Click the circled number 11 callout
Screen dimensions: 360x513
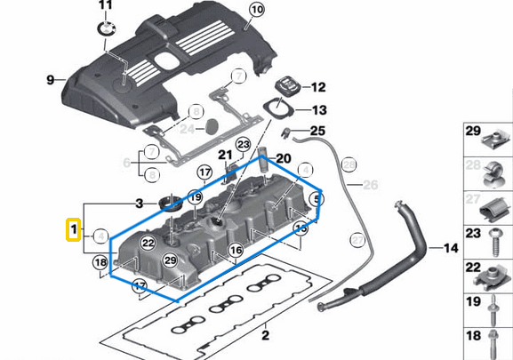coord(106,7)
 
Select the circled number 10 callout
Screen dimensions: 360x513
coord(256,12)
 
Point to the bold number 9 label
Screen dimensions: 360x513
coord(51,80)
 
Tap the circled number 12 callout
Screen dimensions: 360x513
coord(317,87)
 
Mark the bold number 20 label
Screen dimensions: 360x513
coord(284,158)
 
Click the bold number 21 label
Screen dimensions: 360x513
coord(225,156)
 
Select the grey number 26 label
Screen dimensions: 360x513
coord(371,185)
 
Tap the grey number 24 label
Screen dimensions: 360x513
coord(186,128)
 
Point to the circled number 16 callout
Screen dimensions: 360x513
coord(236,252)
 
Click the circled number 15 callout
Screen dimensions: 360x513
coord(301,229)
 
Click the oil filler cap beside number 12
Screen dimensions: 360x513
coord(287,86)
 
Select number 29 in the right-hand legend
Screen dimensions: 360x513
coord(473,132)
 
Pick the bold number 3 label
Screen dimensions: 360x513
coord(139,204)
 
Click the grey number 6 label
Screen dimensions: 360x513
coord(126,163)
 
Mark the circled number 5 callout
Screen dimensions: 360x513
coord(317,199)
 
